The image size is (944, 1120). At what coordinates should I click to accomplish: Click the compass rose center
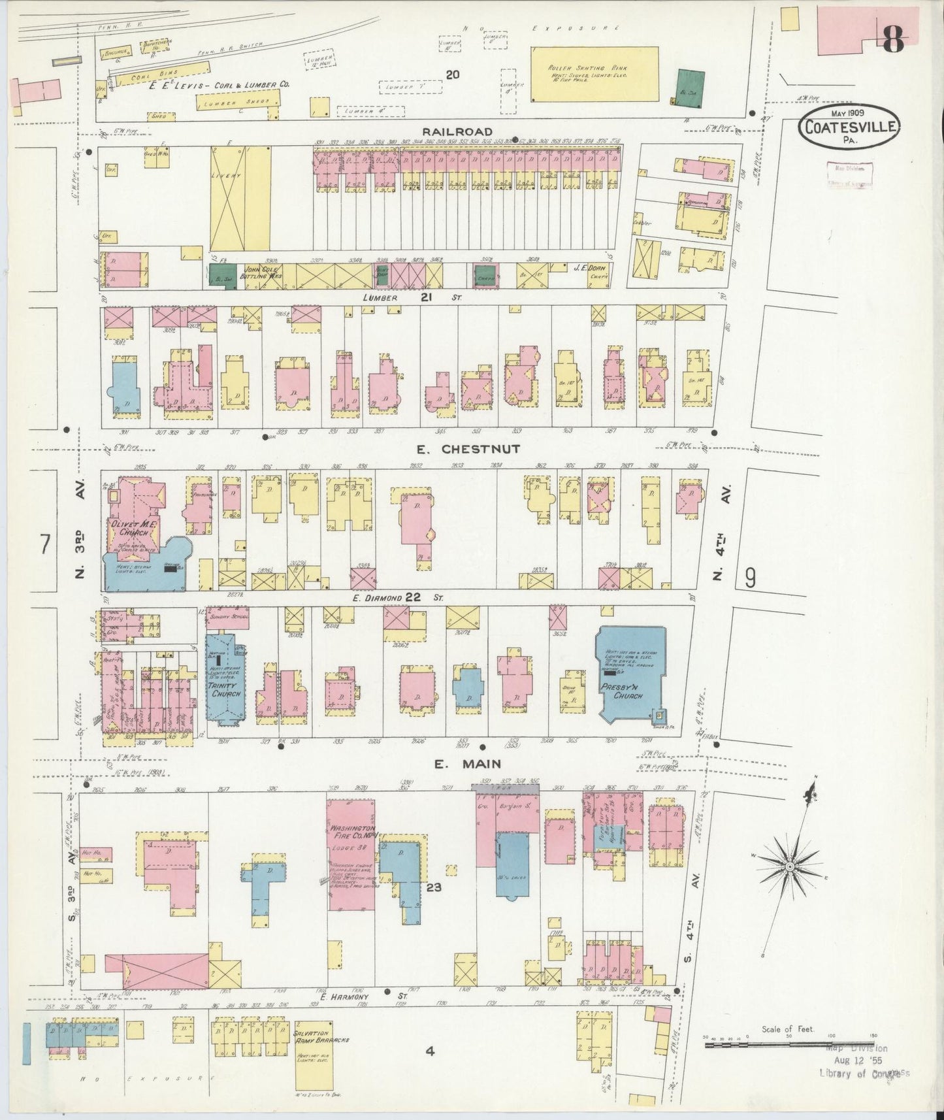789,866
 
